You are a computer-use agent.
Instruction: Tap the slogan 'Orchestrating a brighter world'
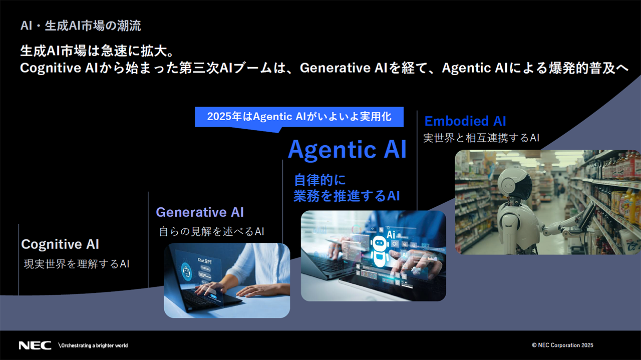click(x=93, y=345)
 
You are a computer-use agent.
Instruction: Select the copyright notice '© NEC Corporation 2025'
click(x=562, y=345)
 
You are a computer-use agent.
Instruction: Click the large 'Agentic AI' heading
click(x=347, y=149)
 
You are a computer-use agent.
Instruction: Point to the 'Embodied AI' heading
click(x=465, y=121)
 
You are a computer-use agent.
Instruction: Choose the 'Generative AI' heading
click(x=200, y=212)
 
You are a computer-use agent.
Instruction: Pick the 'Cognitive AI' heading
click(x=60, y=244)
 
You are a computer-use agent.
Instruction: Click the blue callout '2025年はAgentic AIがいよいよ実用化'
click(x=299, y=117)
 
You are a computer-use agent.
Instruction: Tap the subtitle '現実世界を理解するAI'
click(x=76, y=264)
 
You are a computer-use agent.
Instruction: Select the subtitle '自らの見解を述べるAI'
click(x=211, y=231)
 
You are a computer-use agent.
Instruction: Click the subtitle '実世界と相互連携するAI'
click(x=481, y=138)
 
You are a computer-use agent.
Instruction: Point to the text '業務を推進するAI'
click(x=346, y=196)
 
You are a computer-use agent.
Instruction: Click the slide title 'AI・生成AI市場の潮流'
click(x=81, y=25)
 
